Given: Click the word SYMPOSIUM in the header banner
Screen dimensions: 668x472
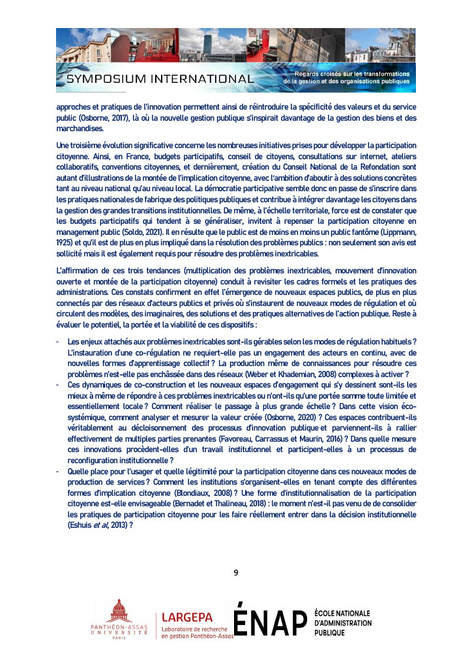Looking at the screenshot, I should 106,80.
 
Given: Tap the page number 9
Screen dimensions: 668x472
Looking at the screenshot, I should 236,573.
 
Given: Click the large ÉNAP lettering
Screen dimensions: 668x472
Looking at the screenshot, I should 269,620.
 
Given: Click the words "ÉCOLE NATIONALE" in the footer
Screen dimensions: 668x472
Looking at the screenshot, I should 342,613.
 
